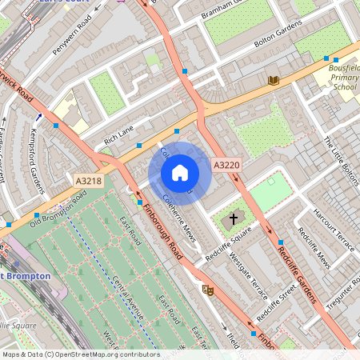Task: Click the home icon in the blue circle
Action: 180,173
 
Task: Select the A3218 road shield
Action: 90,182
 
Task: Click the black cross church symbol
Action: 234,218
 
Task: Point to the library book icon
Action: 274,80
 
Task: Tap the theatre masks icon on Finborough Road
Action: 208,290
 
